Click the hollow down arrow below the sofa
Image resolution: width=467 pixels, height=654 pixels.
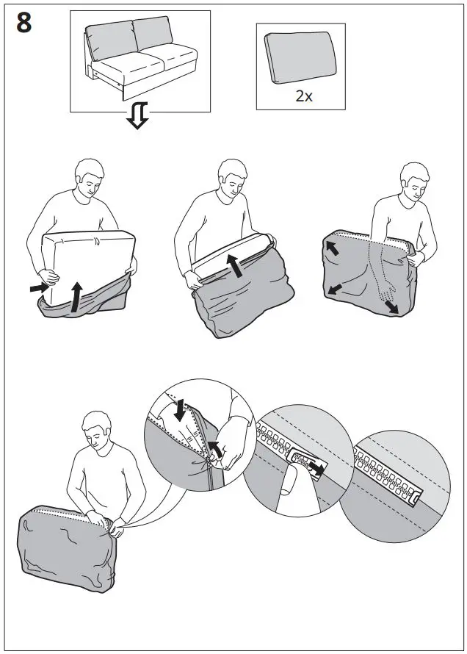[x=138, y=116]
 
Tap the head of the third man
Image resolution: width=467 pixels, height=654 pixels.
[x=413, y=181]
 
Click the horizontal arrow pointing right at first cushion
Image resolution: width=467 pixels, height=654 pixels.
[x=37, y=289]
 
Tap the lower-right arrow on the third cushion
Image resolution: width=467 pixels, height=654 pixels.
[x=391, y=305]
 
